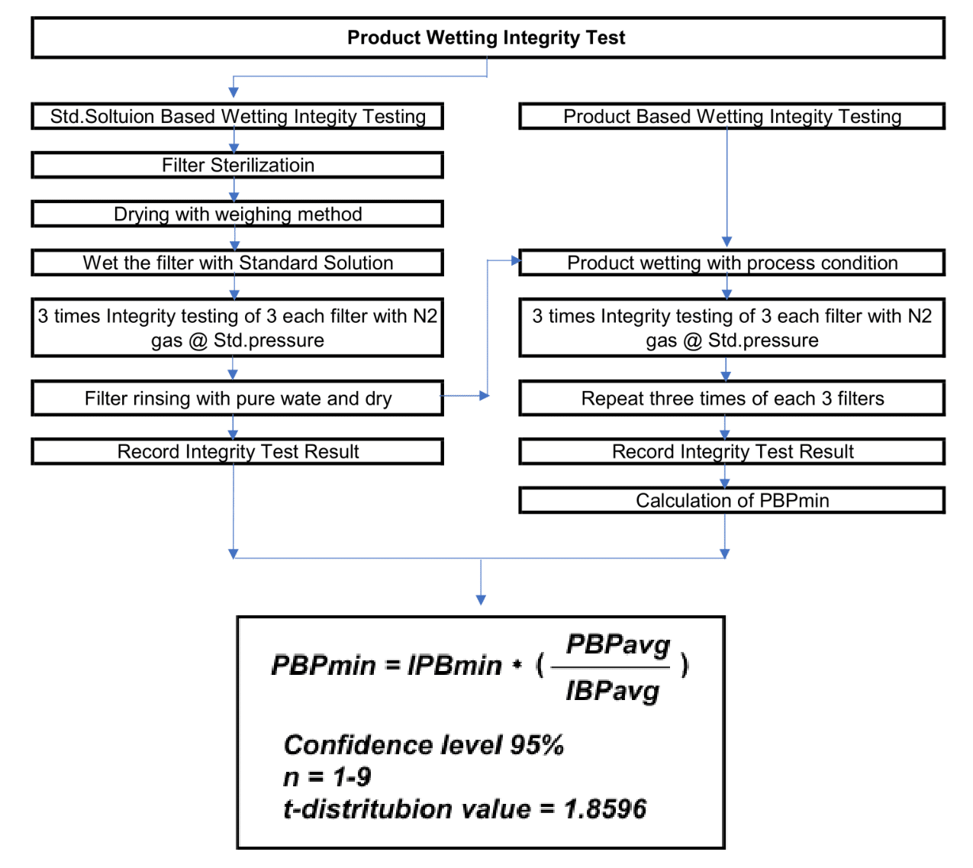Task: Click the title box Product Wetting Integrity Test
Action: coord(487,38)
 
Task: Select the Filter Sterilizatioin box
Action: coord(237,166)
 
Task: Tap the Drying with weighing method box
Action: coord(237,215)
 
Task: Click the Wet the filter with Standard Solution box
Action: coord(237,263)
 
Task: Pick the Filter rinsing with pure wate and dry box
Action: coord(237,399)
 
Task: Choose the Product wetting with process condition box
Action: coord(732,263)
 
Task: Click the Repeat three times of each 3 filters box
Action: coord(732,399)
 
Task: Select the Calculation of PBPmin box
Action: coord(732,501)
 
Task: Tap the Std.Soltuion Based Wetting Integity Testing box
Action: coord(237,117)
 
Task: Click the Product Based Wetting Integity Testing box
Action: coord(732,117)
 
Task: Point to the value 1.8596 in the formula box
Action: coord(605,809)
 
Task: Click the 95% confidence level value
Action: coord(537,745)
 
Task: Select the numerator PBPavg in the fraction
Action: coord(618,645)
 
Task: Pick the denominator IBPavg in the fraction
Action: coord(613,692)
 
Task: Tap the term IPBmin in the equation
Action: coord(455,666)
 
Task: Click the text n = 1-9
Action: coord(327,777)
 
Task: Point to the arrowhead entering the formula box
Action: coord(481,600)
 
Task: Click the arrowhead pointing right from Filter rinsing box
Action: coord(484,395)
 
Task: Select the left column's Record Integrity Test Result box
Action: coord(237,452)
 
